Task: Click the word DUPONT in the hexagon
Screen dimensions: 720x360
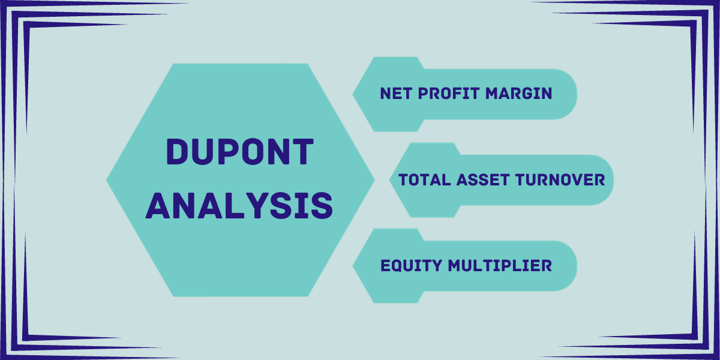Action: [240, 152]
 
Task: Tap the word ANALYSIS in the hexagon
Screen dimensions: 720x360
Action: [239, 206]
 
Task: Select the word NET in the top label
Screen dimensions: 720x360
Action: [396, 94]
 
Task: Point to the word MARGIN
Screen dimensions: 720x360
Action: [519, 94]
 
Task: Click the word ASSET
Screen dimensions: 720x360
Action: [483, 179]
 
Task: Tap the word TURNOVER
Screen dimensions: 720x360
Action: [560, 179]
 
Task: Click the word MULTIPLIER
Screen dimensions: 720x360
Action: [500, 266]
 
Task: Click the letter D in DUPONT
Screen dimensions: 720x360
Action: [177, 152]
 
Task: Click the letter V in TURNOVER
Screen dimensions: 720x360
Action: [575, 179]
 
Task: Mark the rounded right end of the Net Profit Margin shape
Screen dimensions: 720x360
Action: [577, 94]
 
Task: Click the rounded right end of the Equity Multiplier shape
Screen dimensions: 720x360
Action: [577, 266]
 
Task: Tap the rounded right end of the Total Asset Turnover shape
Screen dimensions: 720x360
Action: [614, 180]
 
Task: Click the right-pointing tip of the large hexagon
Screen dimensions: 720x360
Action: [375, 180]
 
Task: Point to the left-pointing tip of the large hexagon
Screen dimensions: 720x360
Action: [106, 180]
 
